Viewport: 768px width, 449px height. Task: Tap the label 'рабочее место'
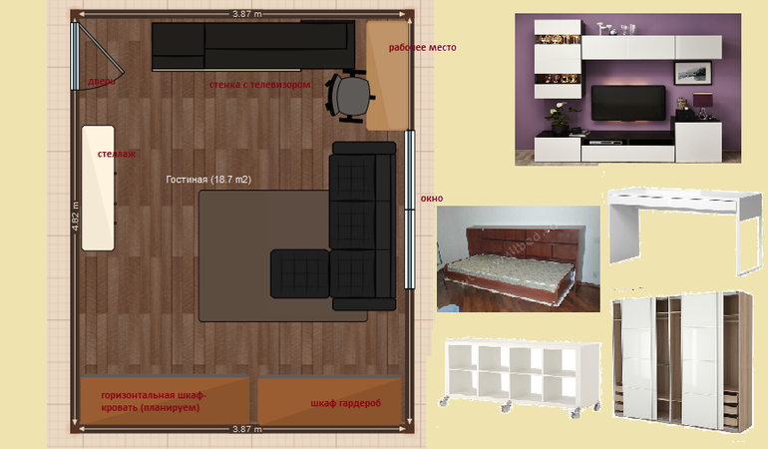(x=422, y=48)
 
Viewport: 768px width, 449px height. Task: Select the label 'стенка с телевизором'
(x=259, y=84)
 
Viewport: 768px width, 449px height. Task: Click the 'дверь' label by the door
(x=102, y=82)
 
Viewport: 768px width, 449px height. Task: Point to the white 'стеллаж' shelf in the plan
(x=98, y=189)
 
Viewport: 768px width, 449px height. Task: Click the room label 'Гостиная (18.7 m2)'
(x=208, y=180)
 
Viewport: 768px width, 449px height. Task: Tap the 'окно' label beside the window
(x=432, y=199)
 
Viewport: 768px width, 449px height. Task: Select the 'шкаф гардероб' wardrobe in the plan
(x=329, y=400)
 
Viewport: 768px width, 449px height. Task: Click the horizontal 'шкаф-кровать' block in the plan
(x=165, y=399)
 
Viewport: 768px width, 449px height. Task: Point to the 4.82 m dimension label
(x=75, y=217)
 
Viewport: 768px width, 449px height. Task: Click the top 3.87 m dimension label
(x=247, y=14)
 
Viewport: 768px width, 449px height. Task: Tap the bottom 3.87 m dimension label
(x=247, y=429)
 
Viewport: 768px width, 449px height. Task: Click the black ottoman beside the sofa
(x=300, y=273)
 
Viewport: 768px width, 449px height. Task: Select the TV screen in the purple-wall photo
(x=628, y=103)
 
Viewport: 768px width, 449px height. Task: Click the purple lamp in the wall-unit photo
(x=703, y=106)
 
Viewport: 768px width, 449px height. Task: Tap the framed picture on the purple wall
(x=692, y=73)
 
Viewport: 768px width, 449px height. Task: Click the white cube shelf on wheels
(x=523, y=376)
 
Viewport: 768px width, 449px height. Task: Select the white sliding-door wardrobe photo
(x=682, y=362)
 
